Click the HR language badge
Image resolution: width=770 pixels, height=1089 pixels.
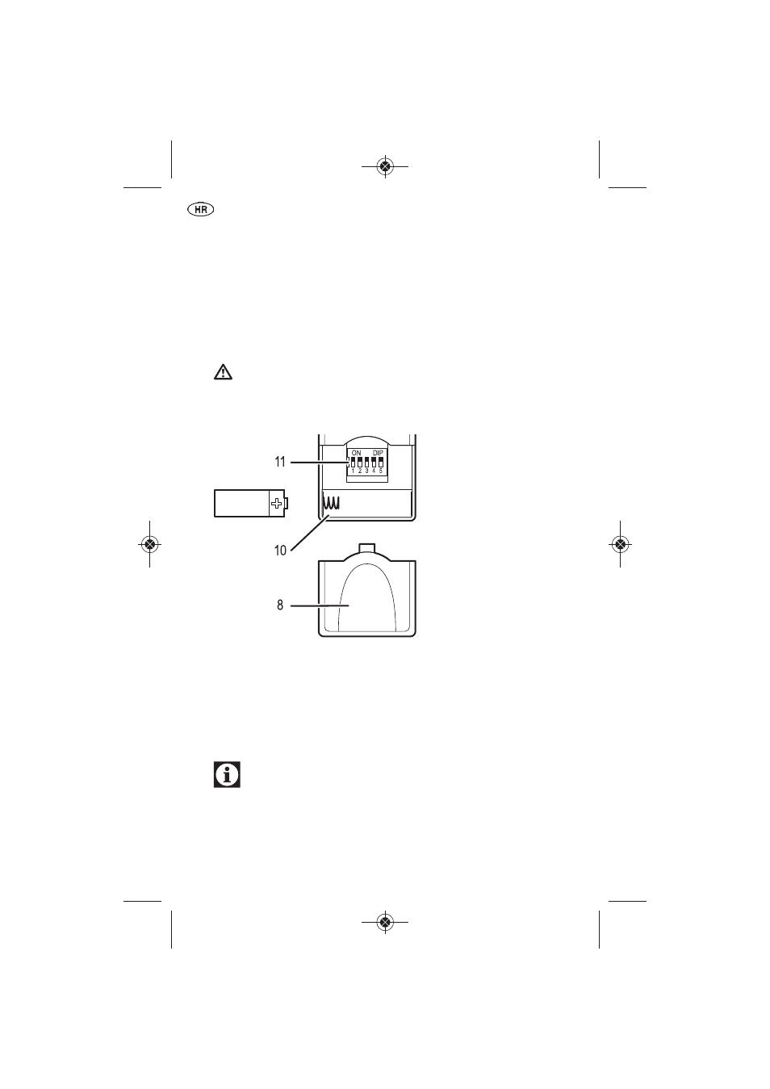click(201, 210)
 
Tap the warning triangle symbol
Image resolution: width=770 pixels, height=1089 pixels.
click(223, 372)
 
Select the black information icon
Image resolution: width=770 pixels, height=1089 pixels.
click(227, 774)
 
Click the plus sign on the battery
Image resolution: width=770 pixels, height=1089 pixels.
click(276, 503)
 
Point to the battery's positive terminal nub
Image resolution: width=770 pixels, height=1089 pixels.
click(287, 503)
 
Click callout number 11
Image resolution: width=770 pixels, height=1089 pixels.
click(280, 462)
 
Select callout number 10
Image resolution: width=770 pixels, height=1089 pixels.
click(281, 551)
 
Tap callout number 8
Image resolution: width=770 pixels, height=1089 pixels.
click(280, 605)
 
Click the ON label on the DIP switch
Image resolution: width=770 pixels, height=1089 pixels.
click(356, 453)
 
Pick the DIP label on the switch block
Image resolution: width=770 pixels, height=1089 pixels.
click(378, 453)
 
